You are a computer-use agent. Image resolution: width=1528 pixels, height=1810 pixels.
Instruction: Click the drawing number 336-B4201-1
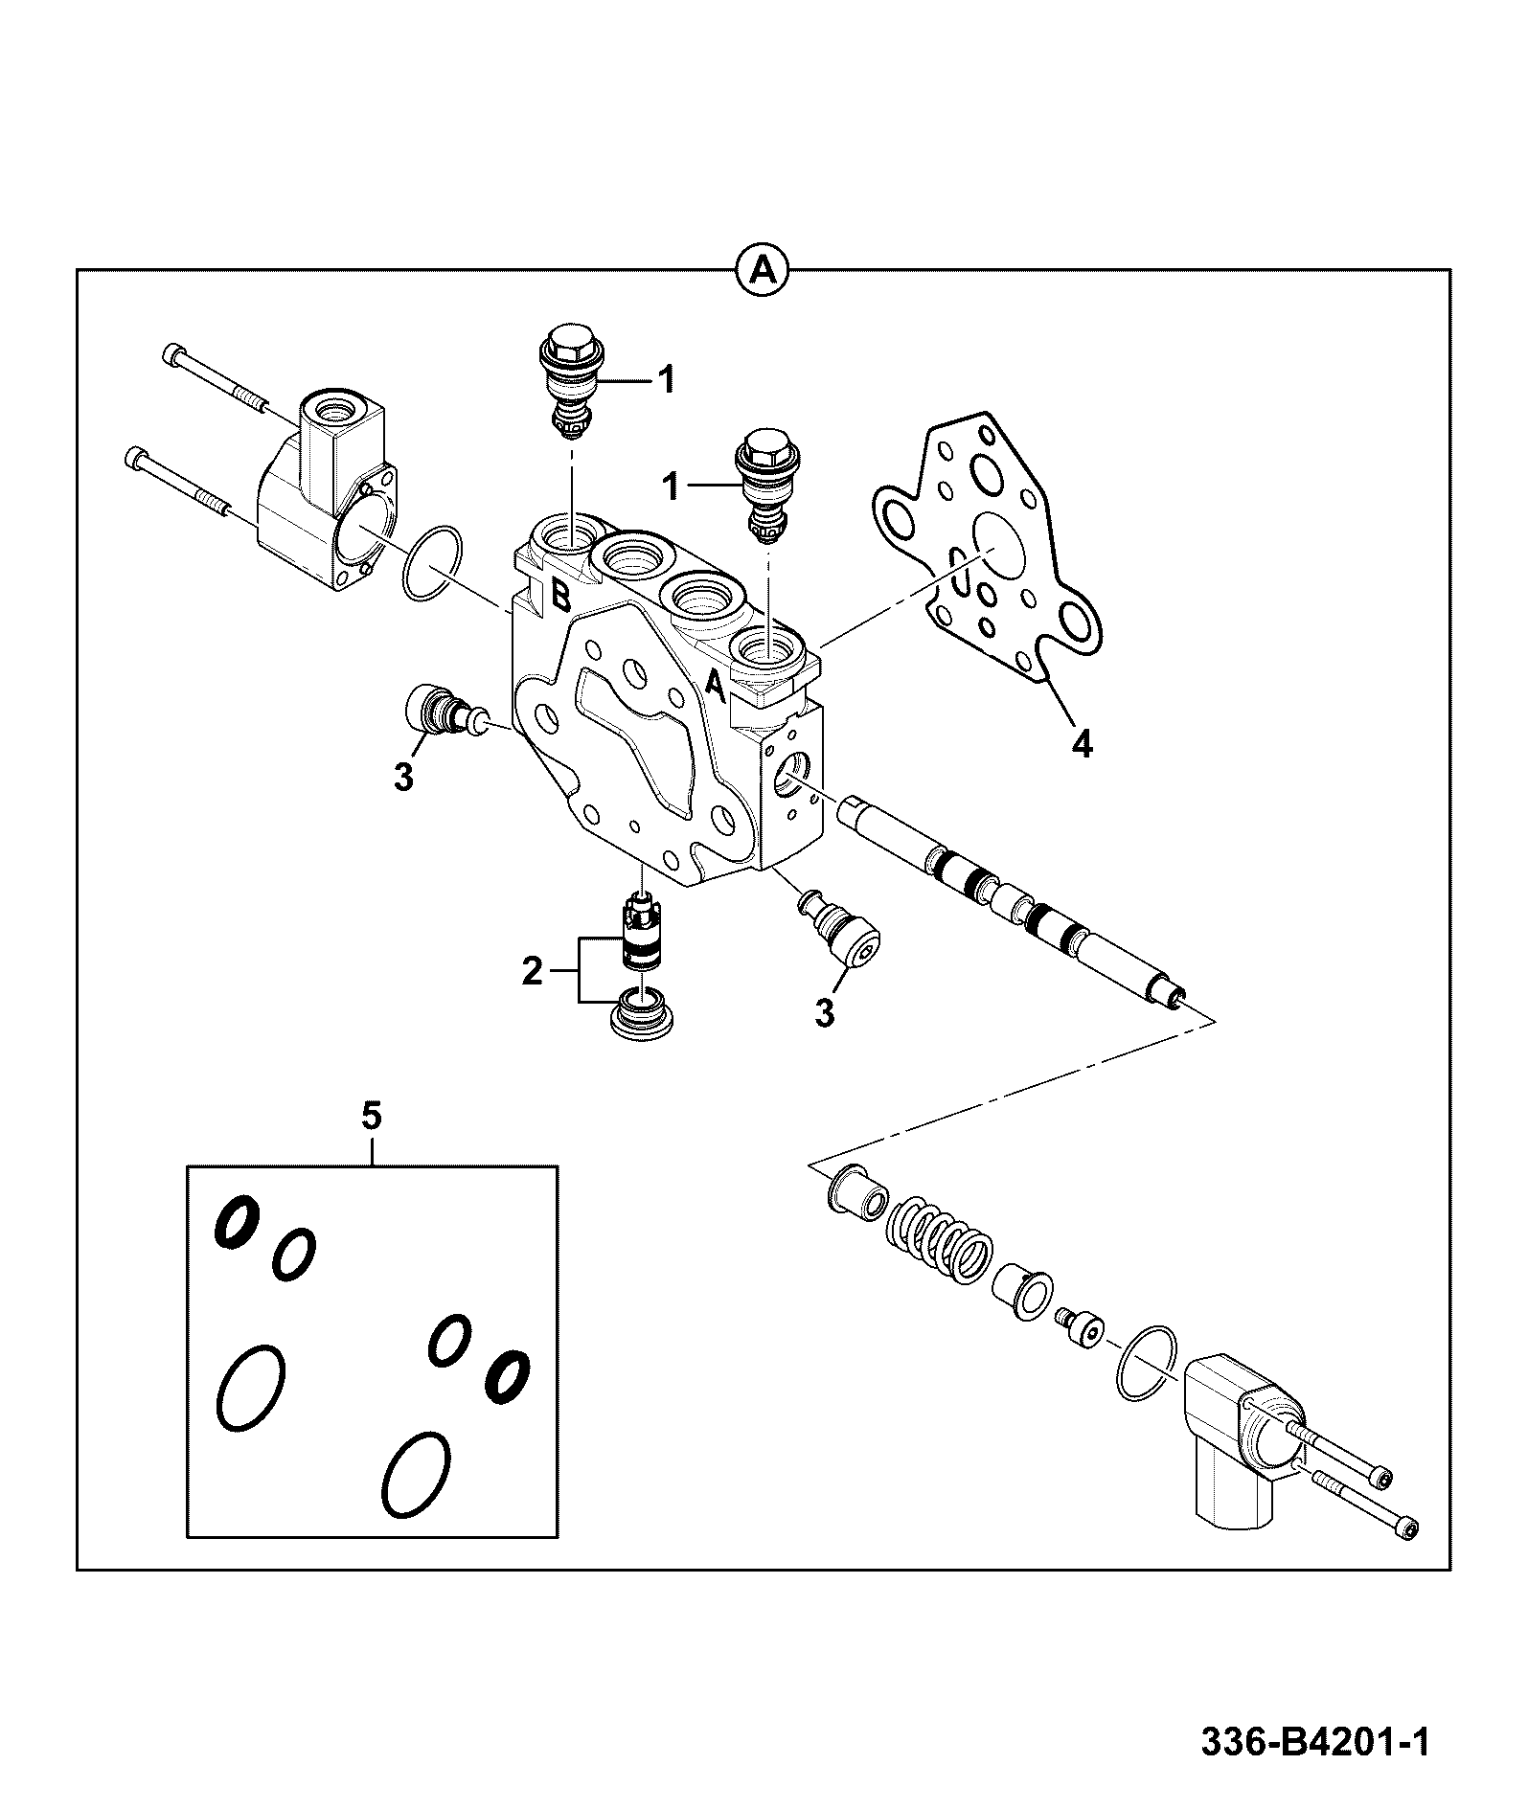pos(1315,1742)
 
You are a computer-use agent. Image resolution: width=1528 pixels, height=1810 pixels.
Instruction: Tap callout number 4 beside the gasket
pos(1081,742)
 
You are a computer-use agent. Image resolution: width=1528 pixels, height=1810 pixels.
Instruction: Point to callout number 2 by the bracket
pos(532,974)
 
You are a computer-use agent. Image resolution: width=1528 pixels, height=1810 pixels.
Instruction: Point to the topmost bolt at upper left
pos(217,378)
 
